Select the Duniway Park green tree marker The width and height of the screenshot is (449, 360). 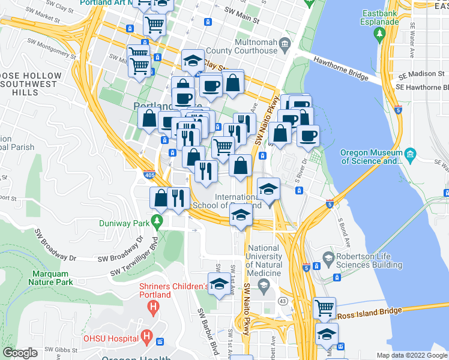pyautogui.click(x=158, y=221)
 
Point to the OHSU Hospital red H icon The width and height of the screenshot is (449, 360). pyautogui.click(x=145, y=337)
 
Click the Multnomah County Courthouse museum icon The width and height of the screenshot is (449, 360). pyautogui.click(x=285, y=42)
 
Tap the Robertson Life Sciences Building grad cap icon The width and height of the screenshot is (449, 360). pyautogui.click(x=328, y=257)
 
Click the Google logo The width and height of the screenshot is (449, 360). pyautogui.click(x=20, y=353)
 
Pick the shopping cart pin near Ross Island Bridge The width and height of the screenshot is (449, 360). pyautogui.click(x=324, y=308)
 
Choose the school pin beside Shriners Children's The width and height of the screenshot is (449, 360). pyautogui.click(x=218, y=284)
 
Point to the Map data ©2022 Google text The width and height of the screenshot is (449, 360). pyautogui.click(x=412, y=355)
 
